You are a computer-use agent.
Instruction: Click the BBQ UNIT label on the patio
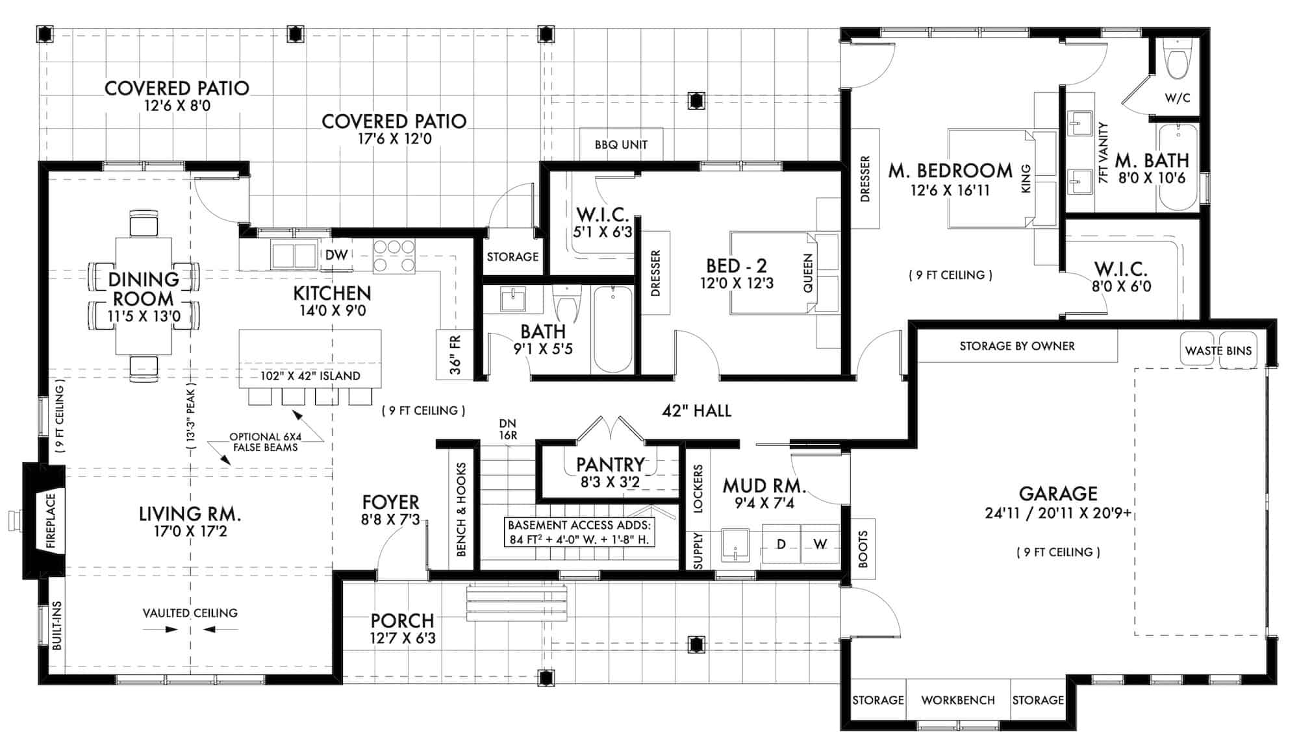[x=621, y=144]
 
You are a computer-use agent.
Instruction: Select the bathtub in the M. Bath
[x=1178, y=167]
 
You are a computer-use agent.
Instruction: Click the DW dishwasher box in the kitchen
[x=336, y=255]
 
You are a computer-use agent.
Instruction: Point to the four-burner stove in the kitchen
[x=394, y=256]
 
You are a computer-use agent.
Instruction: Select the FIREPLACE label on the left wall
[x=51, y=521]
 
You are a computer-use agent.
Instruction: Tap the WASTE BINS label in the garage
[x=1218, y=350]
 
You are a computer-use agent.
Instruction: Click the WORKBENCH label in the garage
[x=957, y=700]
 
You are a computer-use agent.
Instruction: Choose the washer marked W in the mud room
[x=820, y=544]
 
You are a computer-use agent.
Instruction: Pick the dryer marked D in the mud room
[x=781, y=544]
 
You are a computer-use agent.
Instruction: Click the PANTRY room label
[x=610, y=465]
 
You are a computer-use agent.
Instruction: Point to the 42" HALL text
[x=696, y=410]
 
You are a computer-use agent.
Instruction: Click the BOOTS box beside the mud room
[x=863, y=548]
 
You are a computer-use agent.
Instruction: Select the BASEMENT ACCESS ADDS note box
[x=579, y=531]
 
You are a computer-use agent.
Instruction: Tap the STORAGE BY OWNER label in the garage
[x=1016, y=346]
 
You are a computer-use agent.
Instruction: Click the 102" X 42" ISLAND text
[x=310, y=376]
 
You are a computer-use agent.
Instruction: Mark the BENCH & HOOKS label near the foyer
[x=461, y=509]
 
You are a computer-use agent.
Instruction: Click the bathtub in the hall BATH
[x=612, y=330]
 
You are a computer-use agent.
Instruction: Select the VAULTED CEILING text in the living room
[x=190, y=613]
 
